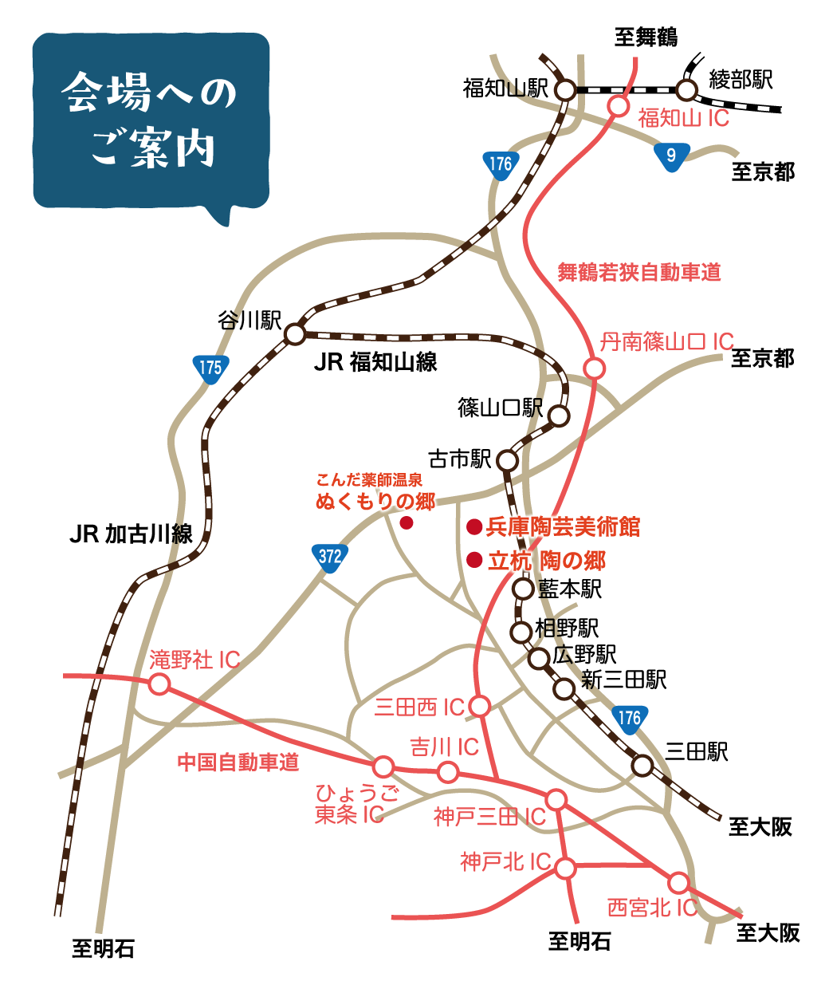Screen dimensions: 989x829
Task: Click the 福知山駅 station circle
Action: (x=565, y=90)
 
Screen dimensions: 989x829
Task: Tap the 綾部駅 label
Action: (x=741, y=80)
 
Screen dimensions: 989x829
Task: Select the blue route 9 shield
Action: (x=670, y=156)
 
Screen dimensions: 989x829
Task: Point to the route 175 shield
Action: (x=210, y=368)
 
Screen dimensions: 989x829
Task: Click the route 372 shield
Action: (x=329, y=557)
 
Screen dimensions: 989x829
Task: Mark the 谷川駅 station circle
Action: (x=295, y=333)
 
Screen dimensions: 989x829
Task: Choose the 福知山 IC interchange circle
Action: (x=619, y=105)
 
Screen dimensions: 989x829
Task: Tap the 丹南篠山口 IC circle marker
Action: (x=594, y=368)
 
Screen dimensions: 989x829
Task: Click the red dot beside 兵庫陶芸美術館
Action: (x=474, y=526)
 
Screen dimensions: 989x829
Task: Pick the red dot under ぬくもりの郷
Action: (x=406, y=523)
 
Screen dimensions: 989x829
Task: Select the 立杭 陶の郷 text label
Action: (x=547, y=561)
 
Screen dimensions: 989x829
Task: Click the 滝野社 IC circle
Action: (x=159, y=684)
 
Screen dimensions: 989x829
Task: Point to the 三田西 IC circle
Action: (x=479, y=706)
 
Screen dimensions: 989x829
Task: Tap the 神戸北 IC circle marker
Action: (x=565, y=868)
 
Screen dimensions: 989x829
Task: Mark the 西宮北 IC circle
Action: (x=678, y=883)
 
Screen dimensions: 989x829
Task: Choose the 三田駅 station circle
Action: (x=642, y=766)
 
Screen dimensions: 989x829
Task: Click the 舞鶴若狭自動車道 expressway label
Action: (x=638, y=273)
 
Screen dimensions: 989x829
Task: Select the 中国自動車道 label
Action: (x=238, y=762)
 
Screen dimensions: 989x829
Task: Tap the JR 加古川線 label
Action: (x=131, y=534)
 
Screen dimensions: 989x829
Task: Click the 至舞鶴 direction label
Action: (x=646, y=37)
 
